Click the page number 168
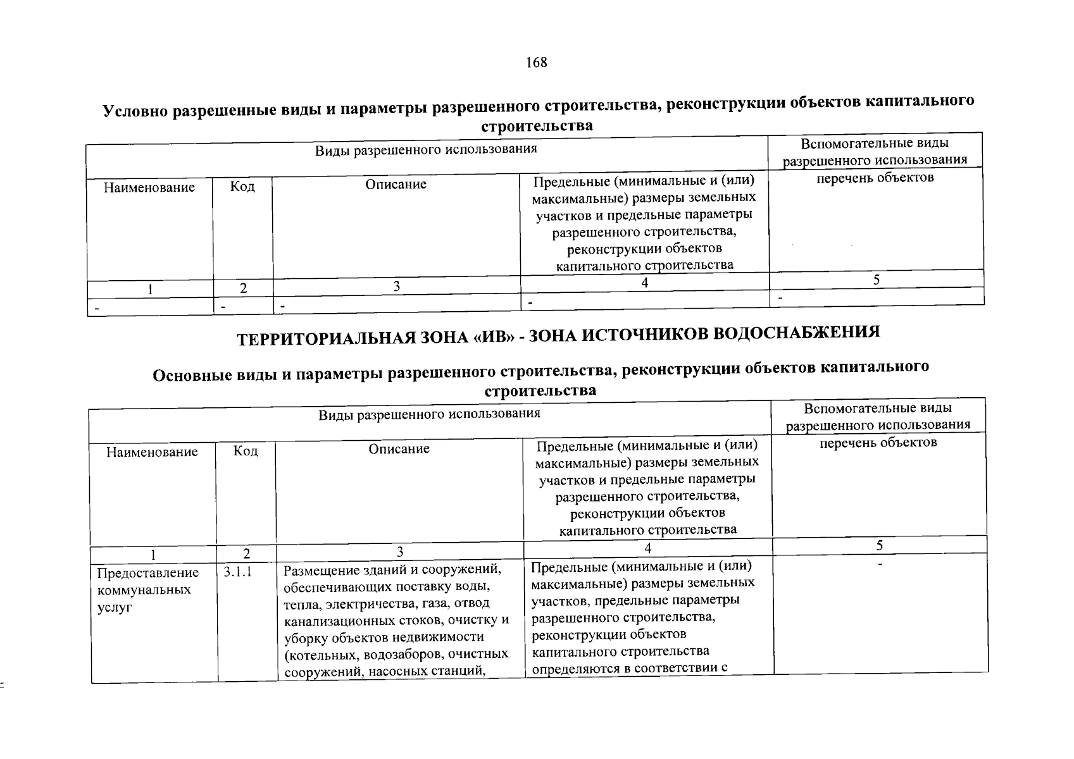(536, 63)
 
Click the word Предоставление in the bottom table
(147, 573)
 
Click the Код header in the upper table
(242, 187)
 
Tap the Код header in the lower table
(246, 451)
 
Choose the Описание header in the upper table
(396, 185)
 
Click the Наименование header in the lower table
(152, 452)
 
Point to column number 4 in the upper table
(644, 283)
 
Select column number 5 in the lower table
(880, 545)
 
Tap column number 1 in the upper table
(150, 289)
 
